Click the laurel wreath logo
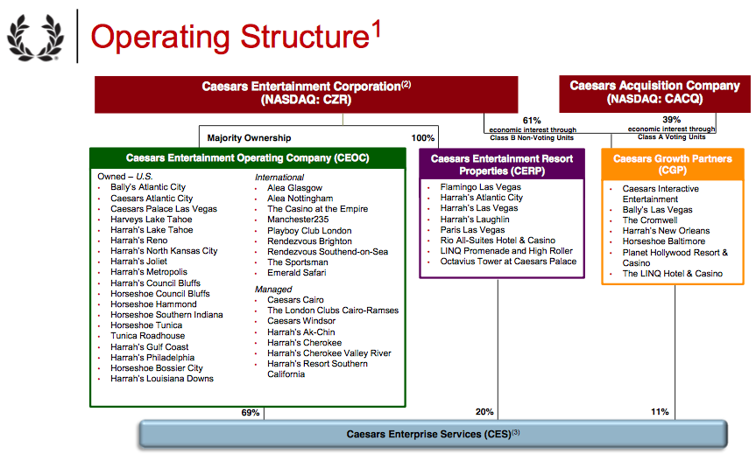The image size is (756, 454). (x=35, y=38)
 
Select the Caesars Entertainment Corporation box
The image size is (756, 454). (x=306, y=93)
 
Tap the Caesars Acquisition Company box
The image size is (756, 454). (x=654, y=93)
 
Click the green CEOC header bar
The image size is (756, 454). (x=247, y=158)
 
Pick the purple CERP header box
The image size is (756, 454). (x=502, y=164)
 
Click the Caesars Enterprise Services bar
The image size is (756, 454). (x=433, y=434)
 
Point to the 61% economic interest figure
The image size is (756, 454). (x=532, y=120)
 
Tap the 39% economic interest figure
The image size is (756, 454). (x=671, y=120)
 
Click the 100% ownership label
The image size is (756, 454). (x=423, y=138)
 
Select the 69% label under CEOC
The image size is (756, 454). (x=251, y=412)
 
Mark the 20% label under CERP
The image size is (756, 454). (x=484, y=412)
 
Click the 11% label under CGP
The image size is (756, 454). (x=660, y=412)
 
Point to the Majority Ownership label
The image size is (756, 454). (x=249, y=138)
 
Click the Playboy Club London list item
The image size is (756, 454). (x=309, y=230)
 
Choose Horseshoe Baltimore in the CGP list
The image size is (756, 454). (x=663, y=241)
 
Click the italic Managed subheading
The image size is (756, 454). (x=273, y=290)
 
